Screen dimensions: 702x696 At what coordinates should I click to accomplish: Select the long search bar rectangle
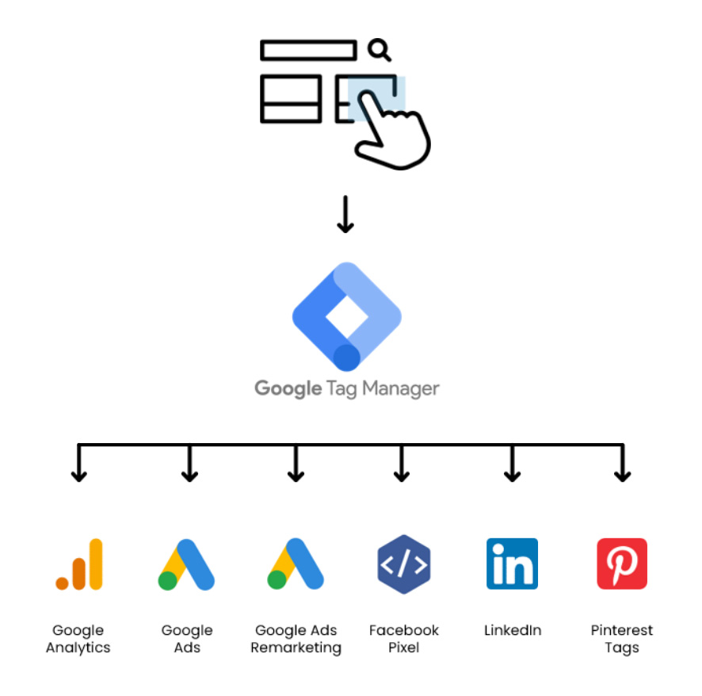(308, 50)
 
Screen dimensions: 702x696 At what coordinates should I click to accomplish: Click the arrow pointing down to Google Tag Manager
(345, 214)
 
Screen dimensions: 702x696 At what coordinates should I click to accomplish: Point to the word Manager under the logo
(401, 388)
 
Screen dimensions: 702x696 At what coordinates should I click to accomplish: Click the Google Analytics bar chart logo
(79, 564)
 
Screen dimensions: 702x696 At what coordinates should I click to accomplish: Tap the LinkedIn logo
(512, 564)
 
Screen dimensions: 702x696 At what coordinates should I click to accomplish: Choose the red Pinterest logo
(622, 564)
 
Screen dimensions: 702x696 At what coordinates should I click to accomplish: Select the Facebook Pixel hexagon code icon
(404, 564)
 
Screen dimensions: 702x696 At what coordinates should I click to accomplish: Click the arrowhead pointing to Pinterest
(622, 476)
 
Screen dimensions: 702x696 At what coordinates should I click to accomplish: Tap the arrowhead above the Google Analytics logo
(78, 476)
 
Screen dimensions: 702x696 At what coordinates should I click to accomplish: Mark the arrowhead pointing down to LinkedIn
(512, 476)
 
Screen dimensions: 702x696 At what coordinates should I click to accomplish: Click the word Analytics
(78, 648)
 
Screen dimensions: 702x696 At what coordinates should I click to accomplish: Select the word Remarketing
(296, 648)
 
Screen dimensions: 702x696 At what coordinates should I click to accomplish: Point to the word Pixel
(404, 647)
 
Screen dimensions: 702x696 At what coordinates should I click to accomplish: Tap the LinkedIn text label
(513, 630)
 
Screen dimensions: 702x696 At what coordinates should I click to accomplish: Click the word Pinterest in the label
(622, 630)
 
